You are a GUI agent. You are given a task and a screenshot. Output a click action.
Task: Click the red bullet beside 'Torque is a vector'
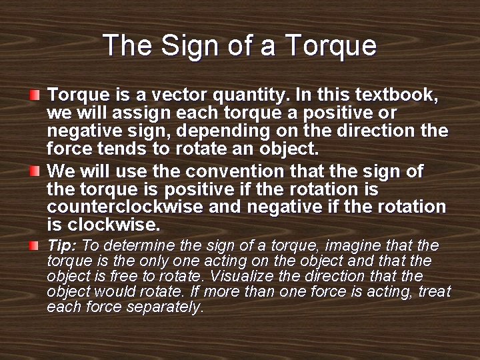pos(35,94)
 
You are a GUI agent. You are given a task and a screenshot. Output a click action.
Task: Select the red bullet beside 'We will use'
pos(35,172)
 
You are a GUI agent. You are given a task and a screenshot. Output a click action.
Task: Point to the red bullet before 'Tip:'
pos(35,246)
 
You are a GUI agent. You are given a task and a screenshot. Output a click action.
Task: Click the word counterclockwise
pos(125,207)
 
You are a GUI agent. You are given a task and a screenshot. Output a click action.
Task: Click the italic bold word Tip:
pos(61,245)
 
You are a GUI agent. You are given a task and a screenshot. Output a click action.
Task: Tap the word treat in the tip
pos(434,292)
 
